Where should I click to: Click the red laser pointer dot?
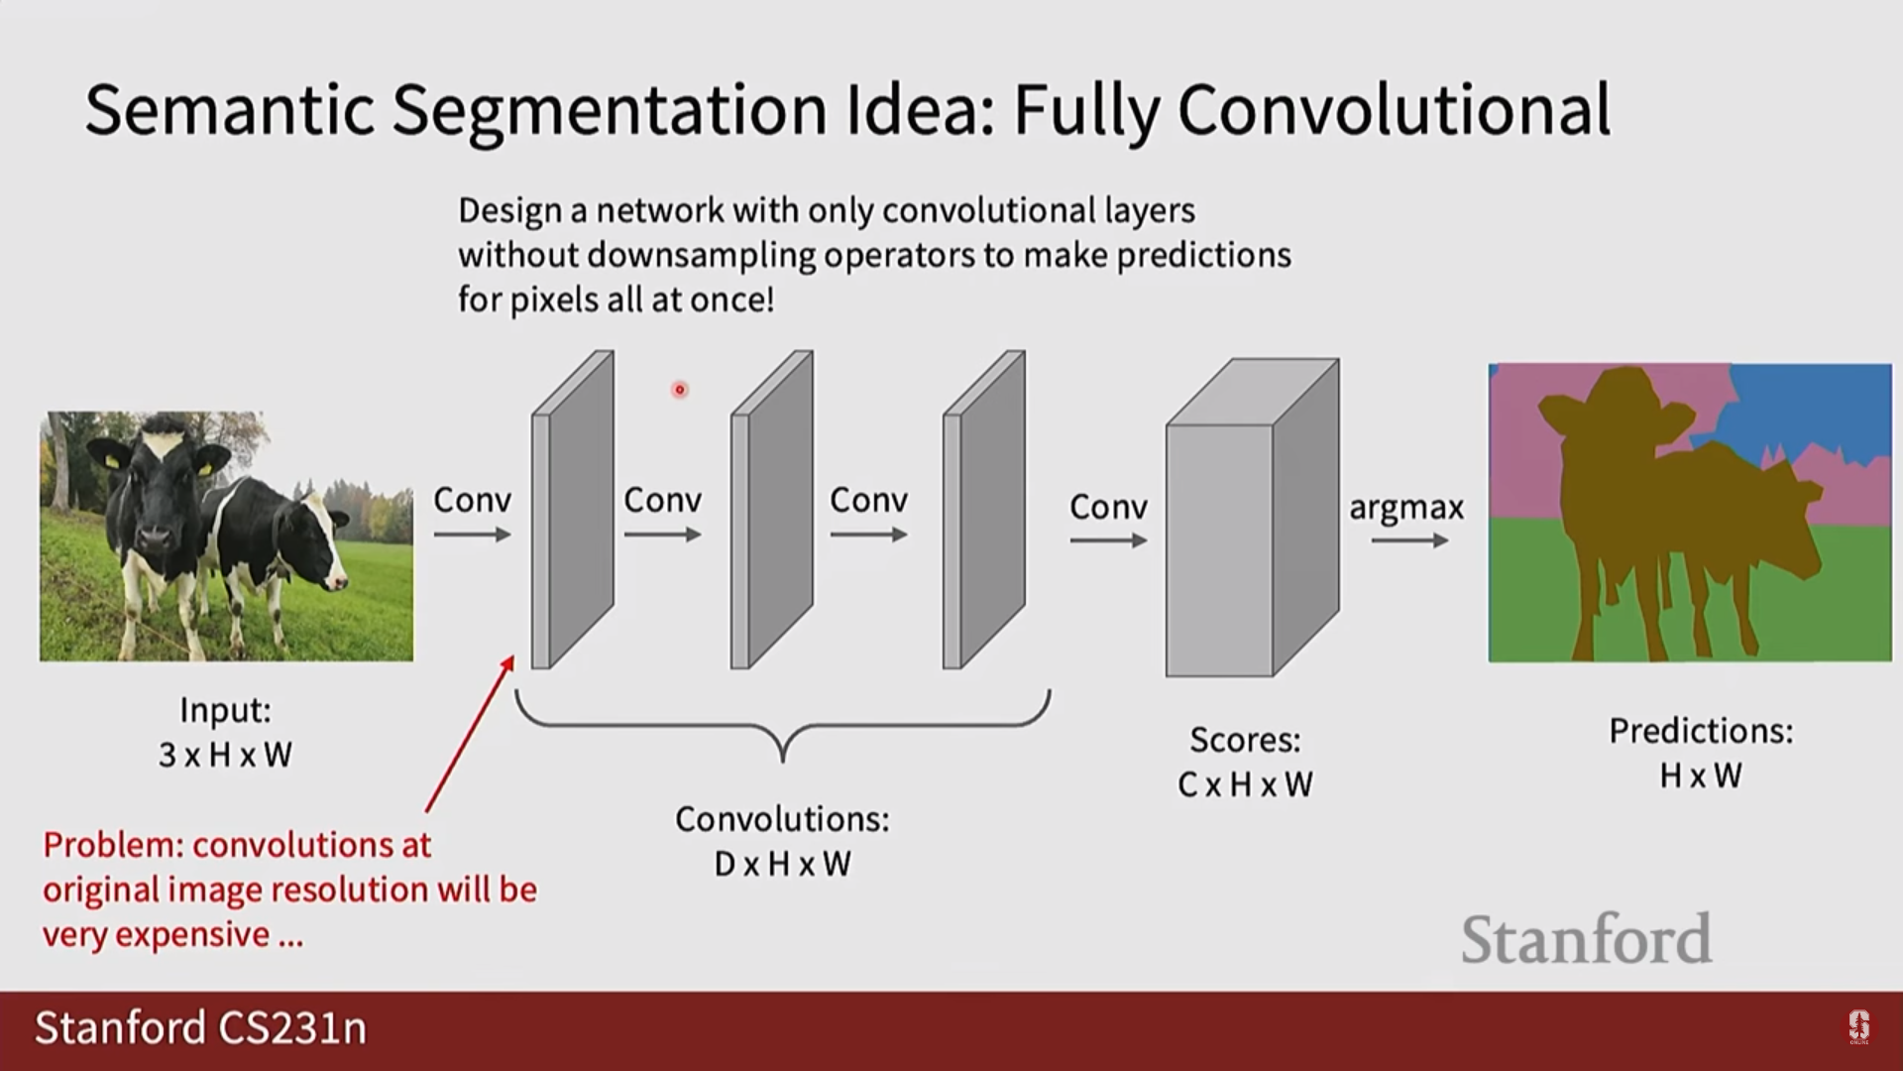pyautogui.click(x=680, y=390)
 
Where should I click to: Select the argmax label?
pyautogui.click(x=1406, y=508)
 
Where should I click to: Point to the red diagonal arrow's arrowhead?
pyautogui.click(x=507, y=664)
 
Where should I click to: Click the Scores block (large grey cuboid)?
pyautogui.click(x=1252, y=518)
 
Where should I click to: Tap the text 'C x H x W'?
pyautogui.click(x=1245, y=784)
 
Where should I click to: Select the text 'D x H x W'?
pyautogui.click(x=782, y=864)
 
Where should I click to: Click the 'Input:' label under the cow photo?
pyautogui.click(x=225, y=710)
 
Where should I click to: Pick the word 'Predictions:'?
pyautogui.click(x=1701, y=731)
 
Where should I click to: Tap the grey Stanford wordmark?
pyautogui.click(x=1586, y=939)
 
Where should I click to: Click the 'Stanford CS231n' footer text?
pyautogui.click(x=201, y=1027)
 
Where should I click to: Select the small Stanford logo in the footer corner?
pyautogui.click(x=1858, y=1027)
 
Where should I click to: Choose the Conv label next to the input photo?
pyautogui.click(x=472, y=500)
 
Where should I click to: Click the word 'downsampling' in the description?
pyautogui.click(x=702, y=256)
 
